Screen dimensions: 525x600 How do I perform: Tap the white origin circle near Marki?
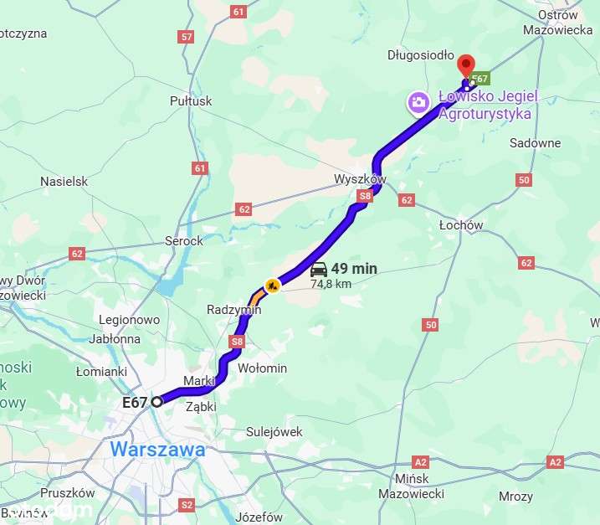(x=156, y=402)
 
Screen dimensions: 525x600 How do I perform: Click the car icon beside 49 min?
(x=318, y=269)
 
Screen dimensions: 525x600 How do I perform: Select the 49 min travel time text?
(x=354, y=269)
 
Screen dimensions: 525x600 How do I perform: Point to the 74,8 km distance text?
(x=332, y=284)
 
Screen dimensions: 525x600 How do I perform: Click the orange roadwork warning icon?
(x=271, y=286)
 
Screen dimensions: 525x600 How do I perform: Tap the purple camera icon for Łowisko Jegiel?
(x=418, y=102)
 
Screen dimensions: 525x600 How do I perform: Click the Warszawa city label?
(x=157, y=450)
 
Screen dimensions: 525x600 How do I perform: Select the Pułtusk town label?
(x=191, y=101)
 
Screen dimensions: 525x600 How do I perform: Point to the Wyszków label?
(x=359, y=180)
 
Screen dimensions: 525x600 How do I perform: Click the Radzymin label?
(x=233, y=310)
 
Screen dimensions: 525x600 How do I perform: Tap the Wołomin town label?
(x=263, y=368)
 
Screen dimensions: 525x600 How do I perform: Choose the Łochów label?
(x=461, y=225)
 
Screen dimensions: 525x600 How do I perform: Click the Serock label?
(x=183, y=241)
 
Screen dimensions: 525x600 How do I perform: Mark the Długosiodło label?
(x=420, y=55)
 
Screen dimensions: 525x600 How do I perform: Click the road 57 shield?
(x=186, y=37)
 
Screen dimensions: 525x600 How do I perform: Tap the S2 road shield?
(x=187, y=504)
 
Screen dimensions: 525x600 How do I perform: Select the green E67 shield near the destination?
(x=479, y=80)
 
